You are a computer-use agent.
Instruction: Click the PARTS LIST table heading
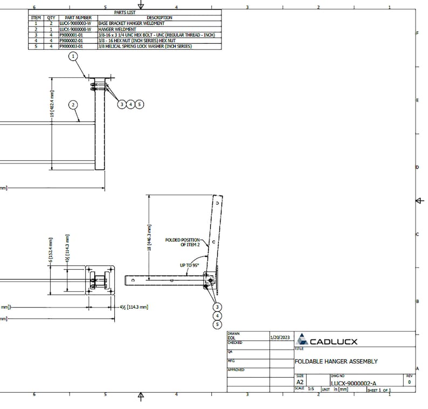pyautogui.click(x=125, y=12)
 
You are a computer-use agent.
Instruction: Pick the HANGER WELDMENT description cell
pyautogui.click(x=117, y=29)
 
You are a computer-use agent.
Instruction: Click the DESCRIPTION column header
pyautogui.click(x=159, y=17)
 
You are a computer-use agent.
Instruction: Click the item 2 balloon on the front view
pyautogui.click(x=73, y=105)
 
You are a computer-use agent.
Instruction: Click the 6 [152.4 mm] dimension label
pyautogui.click(x=50, y=254)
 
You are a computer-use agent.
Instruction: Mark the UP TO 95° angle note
pyautogui.click(x=189, y=265)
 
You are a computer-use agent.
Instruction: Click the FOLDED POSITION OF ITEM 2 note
pyautogui.click(x=183, y=242)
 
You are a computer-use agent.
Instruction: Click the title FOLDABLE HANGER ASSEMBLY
pyautogui.click(x=336, y=362)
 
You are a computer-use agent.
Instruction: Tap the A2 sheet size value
pyautogui.click(x=300, y=382)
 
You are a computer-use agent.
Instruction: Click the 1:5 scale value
pyautogui.click(x=310, y=388)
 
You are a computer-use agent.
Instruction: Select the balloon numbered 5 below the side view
pyautogui.click(x=217, y=325)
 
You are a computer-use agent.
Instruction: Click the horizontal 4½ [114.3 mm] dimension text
pyautogui.click(x=133, y=306)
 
